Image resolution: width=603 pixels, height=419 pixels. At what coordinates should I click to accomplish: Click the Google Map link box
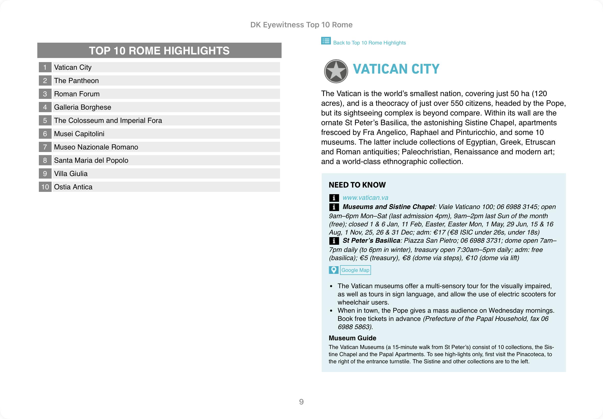click(355, 270)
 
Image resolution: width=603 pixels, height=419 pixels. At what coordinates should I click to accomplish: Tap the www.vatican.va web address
click(365, 198)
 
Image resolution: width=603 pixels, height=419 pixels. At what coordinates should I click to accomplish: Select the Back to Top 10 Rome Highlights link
click(369, 43)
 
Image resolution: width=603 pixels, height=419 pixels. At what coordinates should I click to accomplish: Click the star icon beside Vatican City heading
click(336, 71)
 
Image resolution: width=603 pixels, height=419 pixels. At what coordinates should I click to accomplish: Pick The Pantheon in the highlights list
click(76, 80)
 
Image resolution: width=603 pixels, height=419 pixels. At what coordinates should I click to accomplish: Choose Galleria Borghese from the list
click(83, 107)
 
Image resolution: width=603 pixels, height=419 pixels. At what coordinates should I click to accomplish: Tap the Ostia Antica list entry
click(73, 187)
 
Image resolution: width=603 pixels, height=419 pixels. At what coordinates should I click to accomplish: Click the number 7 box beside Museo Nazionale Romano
click(45, 147)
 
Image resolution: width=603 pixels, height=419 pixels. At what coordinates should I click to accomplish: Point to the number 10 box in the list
click(45, 187)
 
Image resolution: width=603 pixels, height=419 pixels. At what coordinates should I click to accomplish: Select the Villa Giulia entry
click(71, 173)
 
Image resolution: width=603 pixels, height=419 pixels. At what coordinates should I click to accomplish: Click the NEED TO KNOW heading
click(357, 185)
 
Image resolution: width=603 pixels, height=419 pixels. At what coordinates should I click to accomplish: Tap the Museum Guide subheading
click(352, 338)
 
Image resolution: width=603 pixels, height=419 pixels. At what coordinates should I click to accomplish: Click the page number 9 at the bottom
click(301, 402)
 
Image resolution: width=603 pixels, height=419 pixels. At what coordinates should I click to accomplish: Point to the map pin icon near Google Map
click(333, 270)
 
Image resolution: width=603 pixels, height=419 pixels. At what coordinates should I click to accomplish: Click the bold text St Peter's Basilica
click(371, 240)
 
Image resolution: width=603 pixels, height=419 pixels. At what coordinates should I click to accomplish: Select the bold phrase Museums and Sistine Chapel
click(388, 207)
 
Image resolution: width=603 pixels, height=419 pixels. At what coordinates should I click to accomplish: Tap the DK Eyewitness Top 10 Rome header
click(301, 25)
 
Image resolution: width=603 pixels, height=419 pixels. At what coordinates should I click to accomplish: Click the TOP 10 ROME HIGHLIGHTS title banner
click(159, 50)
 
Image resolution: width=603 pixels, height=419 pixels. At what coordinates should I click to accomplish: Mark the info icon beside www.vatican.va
click(334, 198)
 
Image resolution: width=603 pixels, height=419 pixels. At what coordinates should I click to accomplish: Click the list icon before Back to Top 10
click(326, 41)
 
